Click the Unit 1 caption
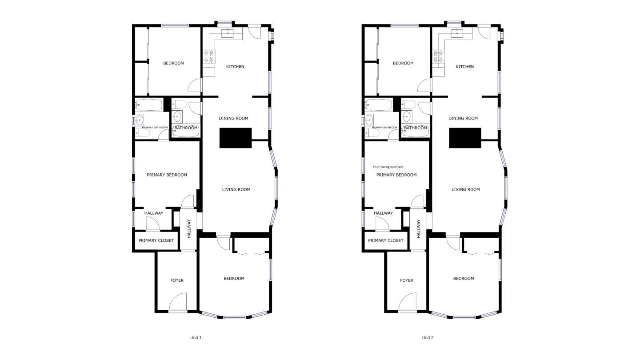(196, 337)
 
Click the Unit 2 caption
(428, 337)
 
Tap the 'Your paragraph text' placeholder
(388, 167)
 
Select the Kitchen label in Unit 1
(235, 67)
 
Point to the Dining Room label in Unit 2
(463, 118)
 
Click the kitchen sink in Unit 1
(228, 32)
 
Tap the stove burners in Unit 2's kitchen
(438, 56)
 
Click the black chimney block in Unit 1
(236, 138)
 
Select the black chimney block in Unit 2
(465, 138)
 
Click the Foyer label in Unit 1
(177, 280)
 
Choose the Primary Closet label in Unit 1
(156, 240)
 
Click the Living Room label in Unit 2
(466, 189)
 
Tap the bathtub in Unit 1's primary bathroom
(149, 105)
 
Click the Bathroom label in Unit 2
(416, 128)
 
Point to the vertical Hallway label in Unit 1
(189, 228)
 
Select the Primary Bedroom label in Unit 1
(167, 175)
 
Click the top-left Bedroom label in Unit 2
(403, 63)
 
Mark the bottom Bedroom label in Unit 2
(464, 279)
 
